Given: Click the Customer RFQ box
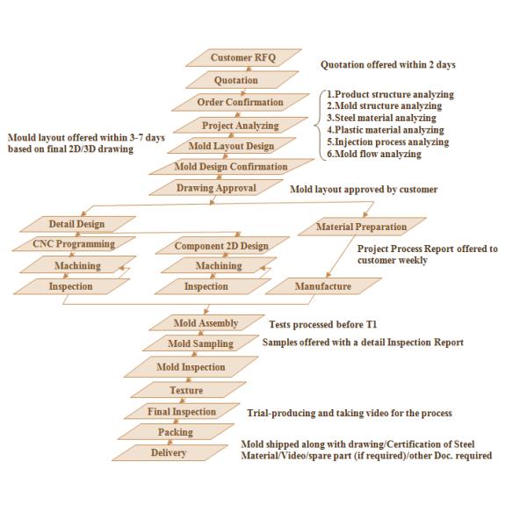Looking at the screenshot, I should (x=243, y=58).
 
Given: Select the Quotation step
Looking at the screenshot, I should (x=236, y=81).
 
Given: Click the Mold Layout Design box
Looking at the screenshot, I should (x=231, y=147).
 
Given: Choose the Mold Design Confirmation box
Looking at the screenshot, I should (x=231, y=167).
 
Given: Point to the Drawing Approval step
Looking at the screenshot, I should (x=216, y=188).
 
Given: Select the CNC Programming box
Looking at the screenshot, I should (x=75, y=245).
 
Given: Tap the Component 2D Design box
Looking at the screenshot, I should (x=220, y=246).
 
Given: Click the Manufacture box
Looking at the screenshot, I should (x=322, y=286).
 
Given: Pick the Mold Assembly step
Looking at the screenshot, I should (x=206, y=324).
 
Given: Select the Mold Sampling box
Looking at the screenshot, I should (x=202, y=344).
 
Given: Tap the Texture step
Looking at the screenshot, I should (x=185, y=390).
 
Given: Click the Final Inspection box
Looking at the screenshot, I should (x=182, y=412).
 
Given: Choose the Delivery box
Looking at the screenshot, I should (x=169, y=453).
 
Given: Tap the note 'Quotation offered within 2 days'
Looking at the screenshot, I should (x=387, y=65).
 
